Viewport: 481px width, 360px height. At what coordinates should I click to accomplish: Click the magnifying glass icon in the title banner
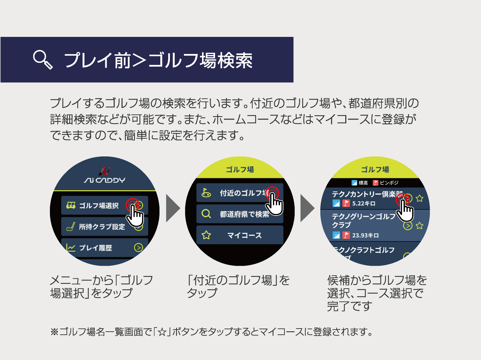click(43, 59)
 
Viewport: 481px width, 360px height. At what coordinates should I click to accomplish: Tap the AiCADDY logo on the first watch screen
click(105, 176)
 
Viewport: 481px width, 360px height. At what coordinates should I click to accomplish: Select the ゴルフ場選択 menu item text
click(99, 206)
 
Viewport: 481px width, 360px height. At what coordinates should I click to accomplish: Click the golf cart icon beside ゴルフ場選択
click(71, 205)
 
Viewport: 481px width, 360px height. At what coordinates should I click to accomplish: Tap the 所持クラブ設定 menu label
click(102, 227)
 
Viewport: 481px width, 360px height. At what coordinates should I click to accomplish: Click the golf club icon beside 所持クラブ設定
click(70, 226)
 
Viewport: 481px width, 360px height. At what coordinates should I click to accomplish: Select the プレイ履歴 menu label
click(95, 248)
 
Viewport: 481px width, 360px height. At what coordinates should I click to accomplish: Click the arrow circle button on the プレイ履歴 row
click(138, 248)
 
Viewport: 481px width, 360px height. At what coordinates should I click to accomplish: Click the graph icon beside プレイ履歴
click(70, 248)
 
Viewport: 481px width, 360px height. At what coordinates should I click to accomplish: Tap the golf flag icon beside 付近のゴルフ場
click(206, 193)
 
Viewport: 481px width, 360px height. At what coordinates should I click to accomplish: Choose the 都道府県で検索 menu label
click(244, 214)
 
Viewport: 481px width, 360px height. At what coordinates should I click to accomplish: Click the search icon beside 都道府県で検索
click(206, 214)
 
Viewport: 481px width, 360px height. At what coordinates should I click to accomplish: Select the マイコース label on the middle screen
click(244, 235)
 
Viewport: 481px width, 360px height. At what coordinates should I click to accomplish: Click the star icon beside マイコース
click(206, 235)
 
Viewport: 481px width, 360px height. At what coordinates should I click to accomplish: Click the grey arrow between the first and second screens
click(173, 208)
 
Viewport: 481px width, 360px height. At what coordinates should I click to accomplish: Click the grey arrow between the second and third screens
click(307, 208)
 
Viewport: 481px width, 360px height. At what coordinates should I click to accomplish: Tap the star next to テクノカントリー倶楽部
click(420, 198)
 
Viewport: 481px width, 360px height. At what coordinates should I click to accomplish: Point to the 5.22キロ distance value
click(364, 204)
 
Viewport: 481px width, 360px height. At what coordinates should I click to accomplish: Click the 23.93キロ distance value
click(365, 235)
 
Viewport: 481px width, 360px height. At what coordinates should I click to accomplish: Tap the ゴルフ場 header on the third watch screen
click(375, 169)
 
